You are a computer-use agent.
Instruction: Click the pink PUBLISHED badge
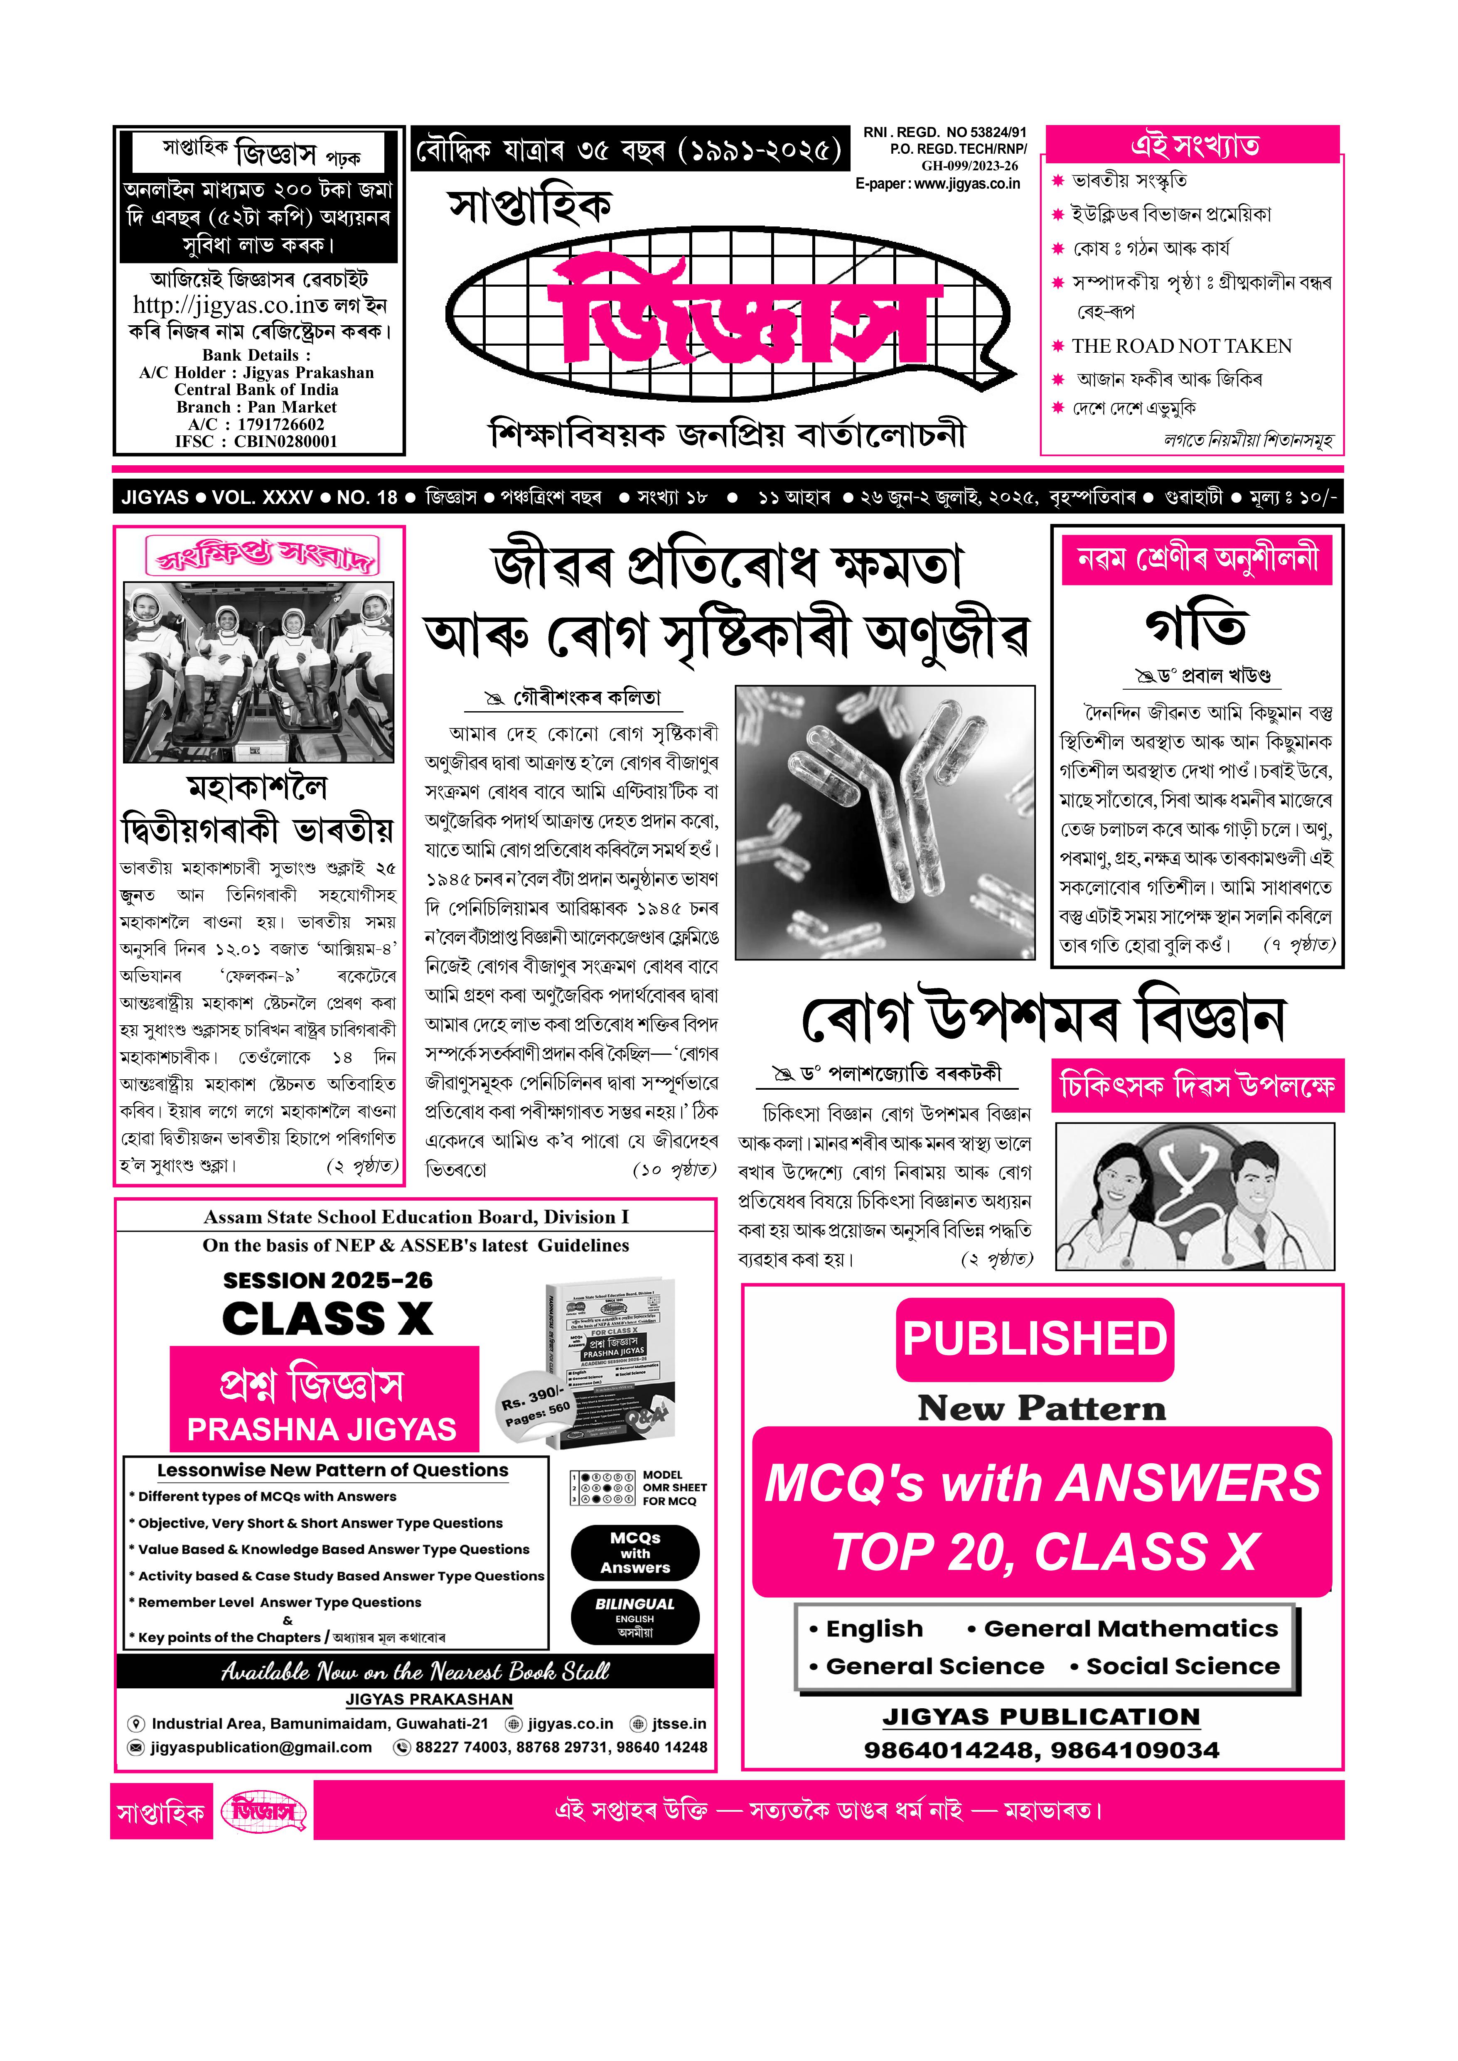tap(1034, 1339)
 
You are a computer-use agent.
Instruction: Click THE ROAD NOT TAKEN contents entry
tap(1182, 346)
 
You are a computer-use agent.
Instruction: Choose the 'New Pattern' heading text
tap(1041, 1408)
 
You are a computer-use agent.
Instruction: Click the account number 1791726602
tap(281, 425)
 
